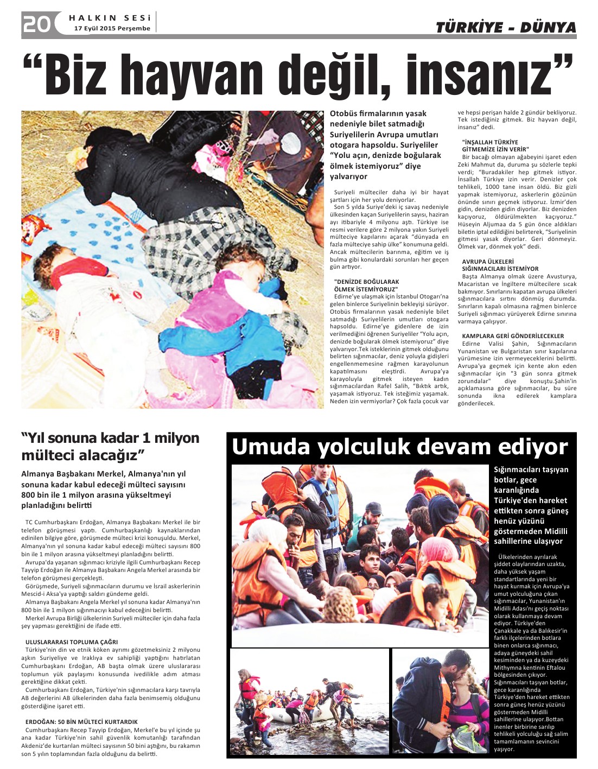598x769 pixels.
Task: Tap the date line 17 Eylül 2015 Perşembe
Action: [x=112, y=29]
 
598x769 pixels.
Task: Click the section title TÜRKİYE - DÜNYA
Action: [x=505, y=27]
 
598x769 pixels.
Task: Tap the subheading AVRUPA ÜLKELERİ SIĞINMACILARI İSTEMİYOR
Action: [x=500, y=265]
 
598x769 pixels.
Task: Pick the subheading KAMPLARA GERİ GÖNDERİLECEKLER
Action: [x=513, y=336]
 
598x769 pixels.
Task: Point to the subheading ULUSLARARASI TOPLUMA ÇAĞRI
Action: [x=72, y=642]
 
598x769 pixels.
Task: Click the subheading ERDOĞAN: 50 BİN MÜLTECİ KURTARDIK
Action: [x=81, y=722]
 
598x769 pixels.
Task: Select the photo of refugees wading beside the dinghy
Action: [x=309, y=700]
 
